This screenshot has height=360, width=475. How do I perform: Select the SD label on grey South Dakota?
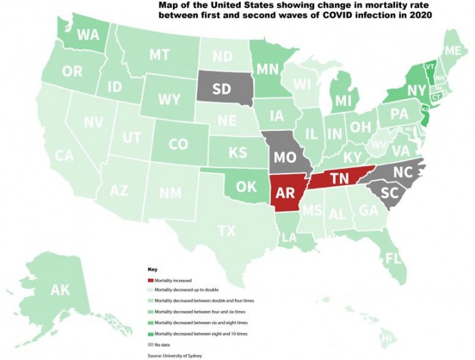(221, 89)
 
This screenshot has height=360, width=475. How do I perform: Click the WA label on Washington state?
(89, 34)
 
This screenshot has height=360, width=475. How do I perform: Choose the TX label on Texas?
(227, 231)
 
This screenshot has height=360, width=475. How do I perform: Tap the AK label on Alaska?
(60, 290)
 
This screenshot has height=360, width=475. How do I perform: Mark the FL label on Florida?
(392, 258)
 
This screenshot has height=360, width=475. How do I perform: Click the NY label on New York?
(417, 90)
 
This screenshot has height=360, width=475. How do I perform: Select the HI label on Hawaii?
(387, 338)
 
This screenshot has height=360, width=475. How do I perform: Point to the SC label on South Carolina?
(389, 193)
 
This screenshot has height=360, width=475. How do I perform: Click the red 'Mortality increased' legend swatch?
(150, 280)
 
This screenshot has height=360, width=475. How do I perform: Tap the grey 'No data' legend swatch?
(150, 344)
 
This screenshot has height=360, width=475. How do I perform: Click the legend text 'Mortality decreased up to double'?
(186, 290)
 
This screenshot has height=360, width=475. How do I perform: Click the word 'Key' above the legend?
(152, 269)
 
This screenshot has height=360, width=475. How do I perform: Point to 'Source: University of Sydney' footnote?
(174, 355)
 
